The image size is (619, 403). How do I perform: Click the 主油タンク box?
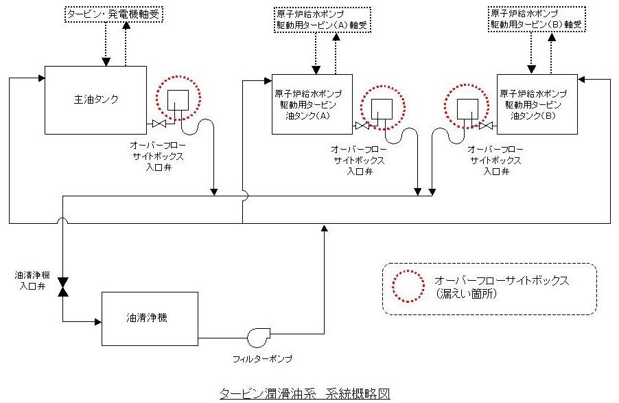(95, 100)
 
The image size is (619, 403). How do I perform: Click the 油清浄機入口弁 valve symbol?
(62, 288)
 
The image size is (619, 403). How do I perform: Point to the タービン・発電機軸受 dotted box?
(115, 14)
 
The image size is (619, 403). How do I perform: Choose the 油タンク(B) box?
(537, 104)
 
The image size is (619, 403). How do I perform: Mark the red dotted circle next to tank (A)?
(382, 107)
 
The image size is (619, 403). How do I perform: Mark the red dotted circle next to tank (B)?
(467, 107)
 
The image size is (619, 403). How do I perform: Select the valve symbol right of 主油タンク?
(160, 124)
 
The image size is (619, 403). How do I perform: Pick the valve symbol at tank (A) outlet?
(362, 126)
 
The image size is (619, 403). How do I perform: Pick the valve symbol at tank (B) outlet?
(487, 126)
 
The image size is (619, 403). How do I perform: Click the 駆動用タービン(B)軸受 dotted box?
(533, 18)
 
